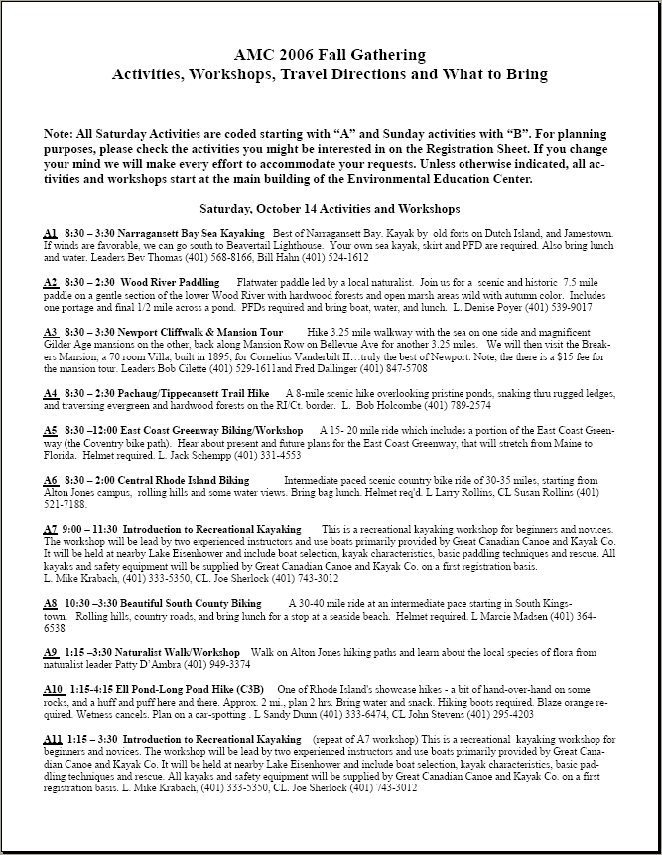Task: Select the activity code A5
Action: (x=50, y=429)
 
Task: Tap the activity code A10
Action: (x=54, y=688)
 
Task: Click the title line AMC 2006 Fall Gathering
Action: (x=330, y=55)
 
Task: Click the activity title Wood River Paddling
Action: (x=169, y=282)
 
